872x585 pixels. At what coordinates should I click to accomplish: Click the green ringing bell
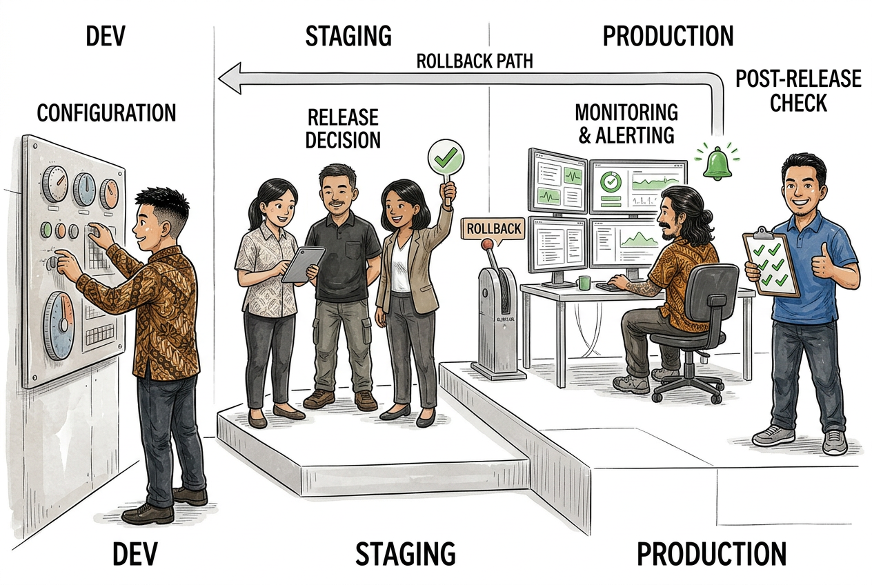[717, 163]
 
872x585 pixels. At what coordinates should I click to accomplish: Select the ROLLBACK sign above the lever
[493, 229]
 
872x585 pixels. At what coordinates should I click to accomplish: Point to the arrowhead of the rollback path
[230, 79]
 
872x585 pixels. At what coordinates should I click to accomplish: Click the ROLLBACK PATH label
[475, 61]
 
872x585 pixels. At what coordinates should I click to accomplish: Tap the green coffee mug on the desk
[584, 283]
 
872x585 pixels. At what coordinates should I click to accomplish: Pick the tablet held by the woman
[304, 264]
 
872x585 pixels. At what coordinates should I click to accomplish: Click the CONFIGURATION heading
[106, 113]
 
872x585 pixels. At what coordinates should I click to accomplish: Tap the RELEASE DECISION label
[343, 129]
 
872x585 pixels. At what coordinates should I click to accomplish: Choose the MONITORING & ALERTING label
[626, 123]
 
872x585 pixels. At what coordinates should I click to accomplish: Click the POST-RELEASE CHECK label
[798, 90]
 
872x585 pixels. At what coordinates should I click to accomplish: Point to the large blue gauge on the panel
[59, 326]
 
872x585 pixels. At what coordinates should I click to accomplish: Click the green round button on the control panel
[46, 230]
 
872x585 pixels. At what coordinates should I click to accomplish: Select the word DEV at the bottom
[135, 554]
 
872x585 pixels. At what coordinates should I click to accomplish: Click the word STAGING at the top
[348, 36]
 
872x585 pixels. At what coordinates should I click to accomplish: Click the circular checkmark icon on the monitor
[611, 181]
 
